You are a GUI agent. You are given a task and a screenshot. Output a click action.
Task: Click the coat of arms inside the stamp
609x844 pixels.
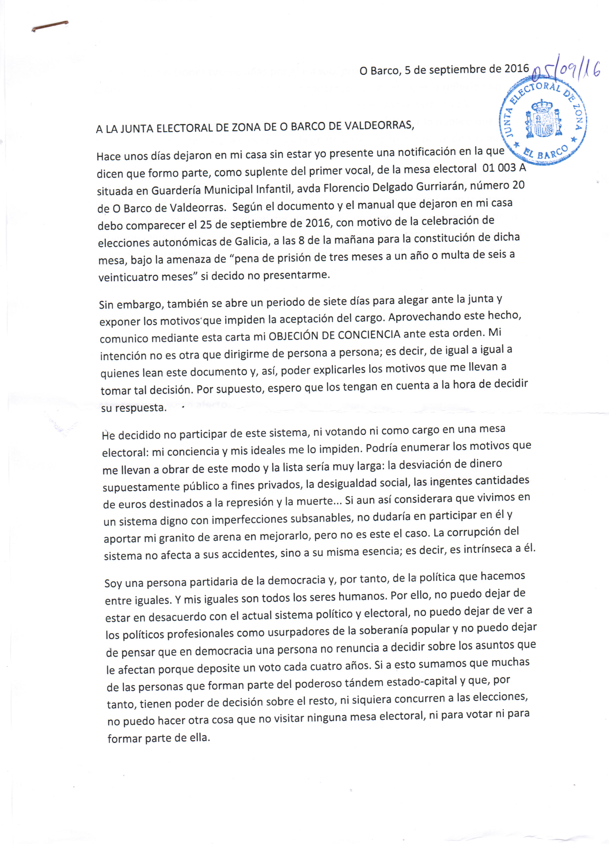pos(543,119)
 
